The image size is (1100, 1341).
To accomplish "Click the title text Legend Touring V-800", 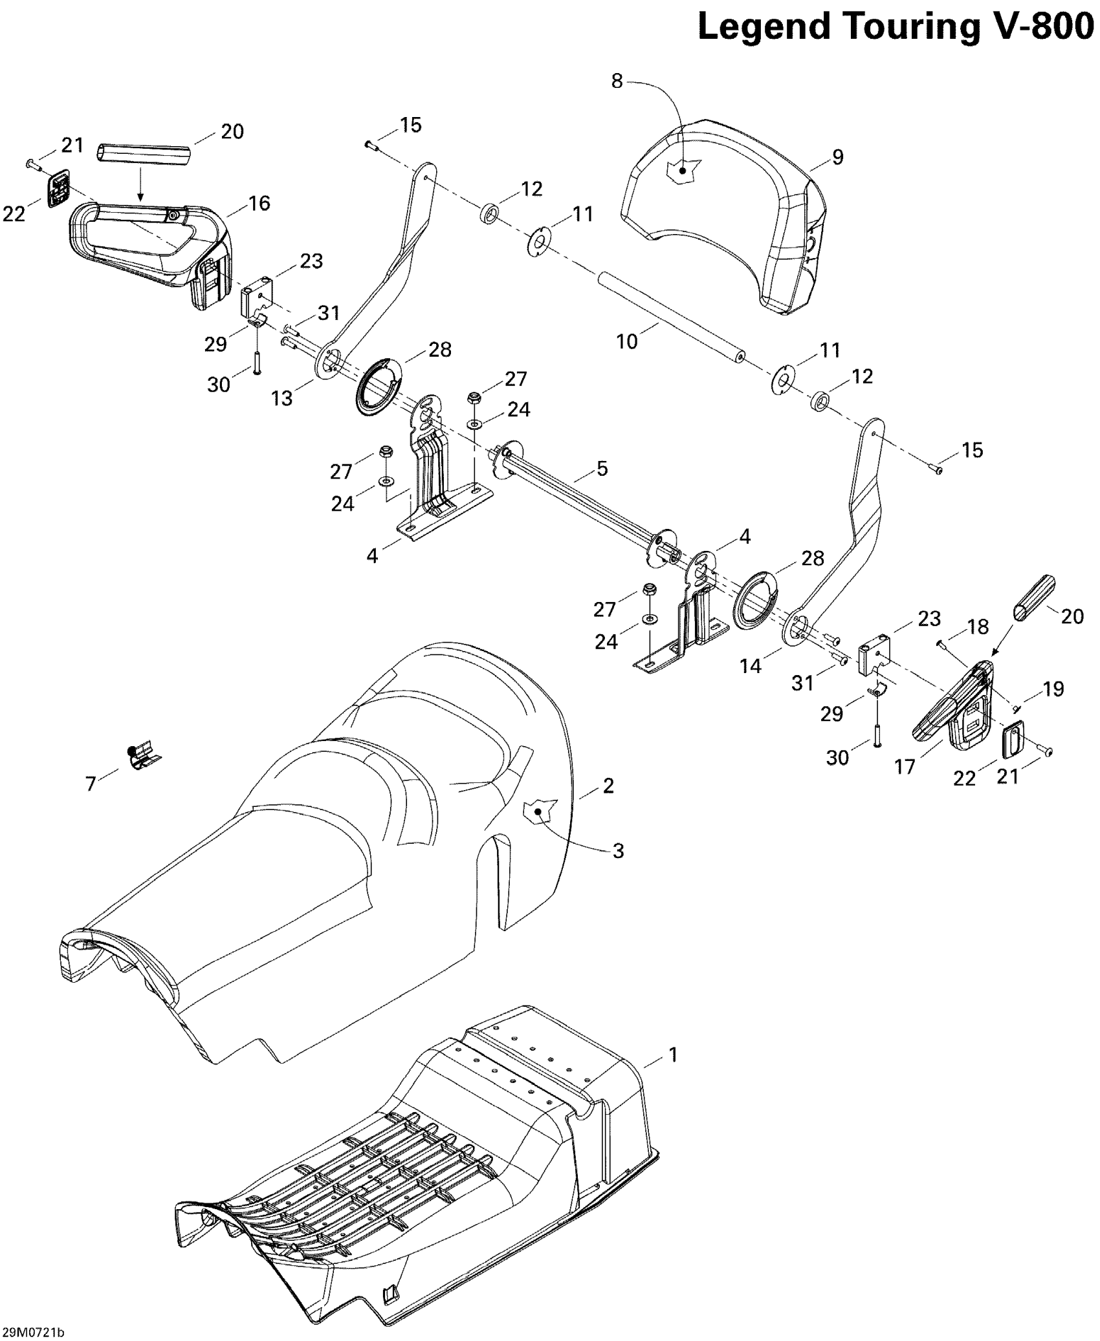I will point(896,27).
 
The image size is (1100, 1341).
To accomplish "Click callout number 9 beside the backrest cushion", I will point(837,157).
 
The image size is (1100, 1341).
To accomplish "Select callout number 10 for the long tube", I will point(627,341).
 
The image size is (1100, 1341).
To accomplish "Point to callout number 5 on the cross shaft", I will point(602,469).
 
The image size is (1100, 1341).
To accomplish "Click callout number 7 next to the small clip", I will point(91,784).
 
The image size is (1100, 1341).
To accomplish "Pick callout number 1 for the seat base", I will point(673,1055).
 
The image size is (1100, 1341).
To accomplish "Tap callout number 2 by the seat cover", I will point(608,786).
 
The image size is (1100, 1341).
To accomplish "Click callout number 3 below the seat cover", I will point(618,851).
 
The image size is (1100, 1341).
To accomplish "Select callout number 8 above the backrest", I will point(617,81).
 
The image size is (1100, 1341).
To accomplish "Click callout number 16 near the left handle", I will point(259,203).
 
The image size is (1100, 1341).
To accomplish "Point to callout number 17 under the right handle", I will point(905,767).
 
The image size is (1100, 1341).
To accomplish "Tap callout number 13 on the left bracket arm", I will point(282,398).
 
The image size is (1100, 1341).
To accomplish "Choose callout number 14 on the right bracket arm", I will point(751,666).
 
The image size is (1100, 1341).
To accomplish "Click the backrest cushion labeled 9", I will point(725,213).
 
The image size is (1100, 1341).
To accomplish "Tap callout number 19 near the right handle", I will point(1054,689).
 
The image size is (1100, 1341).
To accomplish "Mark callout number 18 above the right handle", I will point(978,627).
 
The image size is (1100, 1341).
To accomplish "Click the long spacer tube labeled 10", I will point(670,315).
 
